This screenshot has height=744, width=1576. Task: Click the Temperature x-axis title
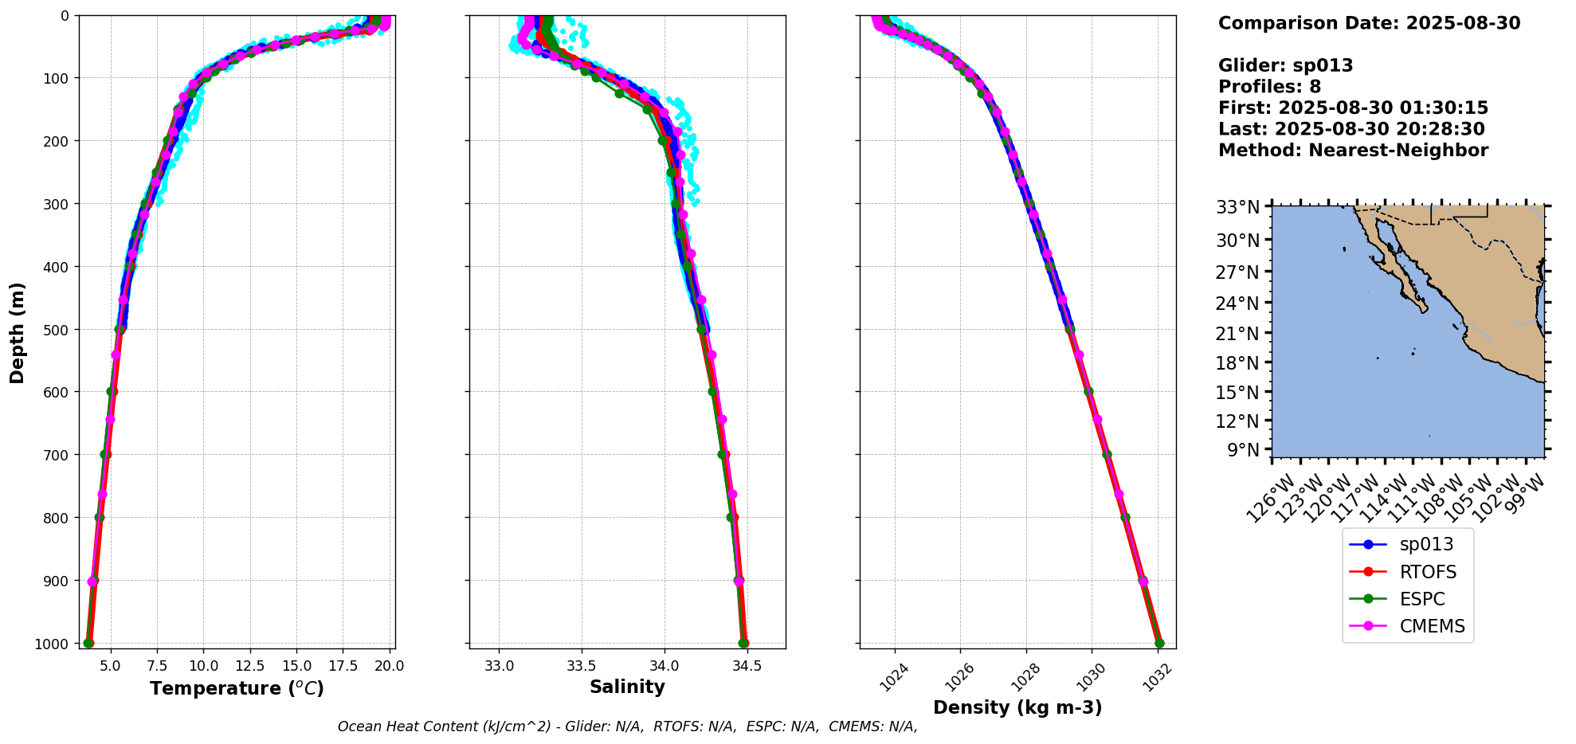coord(237,688)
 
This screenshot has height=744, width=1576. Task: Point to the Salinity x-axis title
coord(627,687)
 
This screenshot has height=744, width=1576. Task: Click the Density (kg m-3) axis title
coord(1017,707)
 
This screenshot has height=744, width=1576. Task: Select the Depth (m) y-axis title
coord(18,332)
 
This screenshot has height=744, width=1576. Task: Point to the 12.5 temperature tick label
coord(249,666)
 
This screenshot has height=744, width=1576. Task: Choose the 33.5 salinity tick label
coord(582,666)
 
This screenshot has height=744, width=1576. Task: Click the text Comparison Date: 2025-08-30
coord(1369,23)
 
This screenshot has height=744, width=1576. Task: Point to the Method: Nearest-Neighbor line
coord(1353,151)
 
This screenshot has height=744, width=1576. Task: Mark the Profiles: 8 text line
coord(1269,87)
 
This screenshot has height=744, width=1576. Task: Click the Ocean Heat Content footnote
coord(627,726)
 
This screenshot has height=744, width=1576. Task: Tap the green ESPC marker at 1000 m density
coord(1159,644)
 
